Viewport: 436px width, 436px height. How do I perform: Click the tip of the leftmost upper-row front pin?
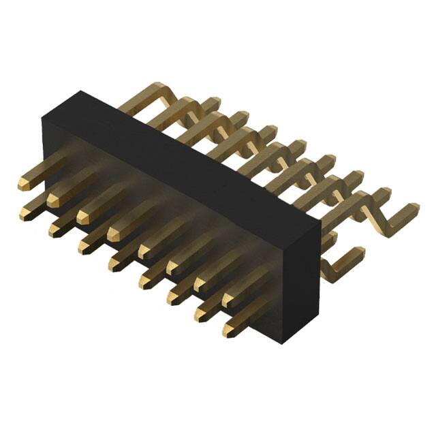coord(23,182)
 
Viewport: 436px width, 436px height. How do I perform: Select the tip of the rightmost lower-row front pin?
coord(230,331)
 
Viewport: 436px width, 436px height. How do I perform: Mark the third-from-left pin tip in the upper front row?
coord(83,217)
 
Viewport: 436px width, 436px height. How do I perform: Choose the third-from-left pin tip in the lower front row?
coord(84,247)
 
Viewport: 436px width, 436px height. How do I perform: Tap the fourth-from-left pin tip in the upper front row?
coord(113,234)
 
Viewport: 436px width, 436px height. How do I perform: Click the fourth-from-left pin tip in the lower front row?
coord(114,264)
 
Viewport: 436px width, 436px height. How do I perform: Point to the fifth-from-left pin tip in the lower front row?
coord(145,280)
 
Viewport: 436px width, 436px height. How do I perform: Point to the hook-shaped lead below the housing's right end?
coord(341,262)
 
